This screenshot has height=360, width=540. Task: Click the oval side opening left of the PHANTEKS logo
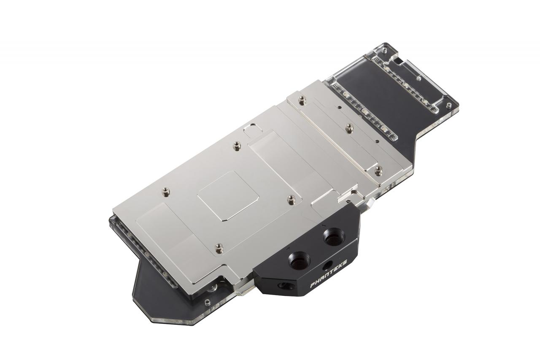tap(286, 286)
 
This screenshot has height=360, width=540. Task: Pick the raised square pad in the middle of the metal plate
tap(228, 195)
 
